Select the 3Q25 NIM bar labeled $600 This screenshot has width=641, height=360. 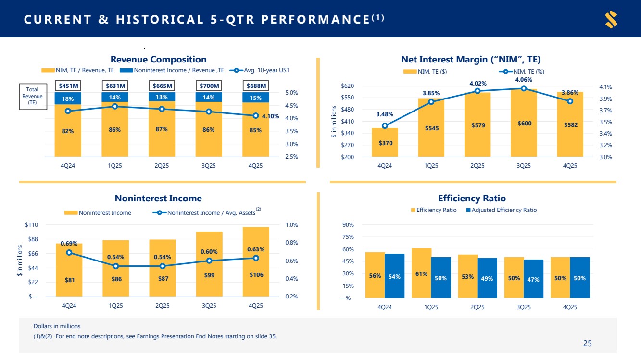click(524, 123)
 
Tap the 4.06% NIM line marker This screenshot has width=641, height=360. click(524, 88)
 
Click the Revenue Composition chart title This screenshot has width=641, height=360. click(158, 60)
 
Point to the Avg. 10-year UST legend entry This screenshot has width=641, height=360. click(262, 70)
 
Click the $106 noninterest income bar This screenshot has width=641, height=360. click(256, 262)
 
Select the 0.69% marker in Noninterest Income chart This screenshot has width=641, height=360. click(69, 252)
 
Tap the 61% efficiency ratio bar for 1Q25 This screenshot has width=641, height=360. click(421, 273)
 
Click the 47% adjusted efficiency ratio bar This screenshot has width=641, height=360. click(533, 279)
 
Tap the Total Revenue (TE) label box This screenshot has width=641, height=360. click(33, 96)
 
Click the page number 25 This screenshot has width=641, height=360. click(587, 343)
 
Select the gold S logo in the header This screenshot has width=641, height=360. click(611, 20)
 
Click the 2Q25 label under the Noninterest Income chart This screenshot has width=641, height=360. click(162, 305)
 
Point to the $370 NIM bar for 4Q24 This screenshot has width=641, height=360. click(385, 142)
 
